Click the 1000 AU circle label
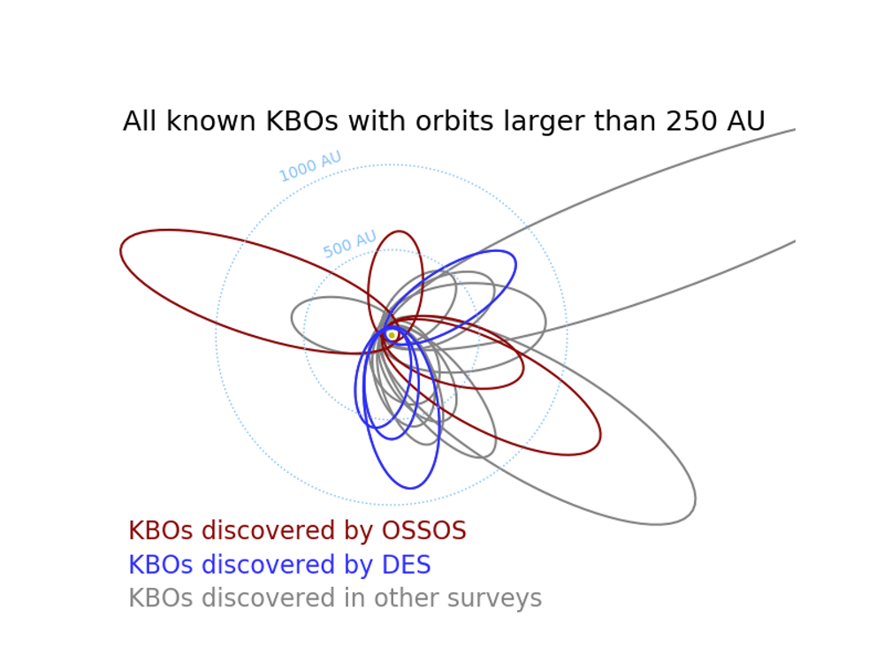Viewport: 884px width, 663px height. (x=310, y=166)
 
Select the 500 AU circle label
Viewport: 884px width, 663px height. (x=350, y=244)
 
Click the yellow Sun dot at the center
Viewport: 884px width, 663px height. (x=392, y=335)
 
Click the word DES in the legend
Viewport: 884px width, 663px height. (x=405, y=566)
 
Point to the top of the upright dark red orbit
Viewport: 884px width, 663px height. (x=398, y=232)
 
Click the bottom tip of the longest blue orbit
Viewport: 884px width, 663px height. (x=408, y=488)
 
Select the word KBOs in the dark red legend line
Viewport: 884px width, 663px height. (x=159, y=531)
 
